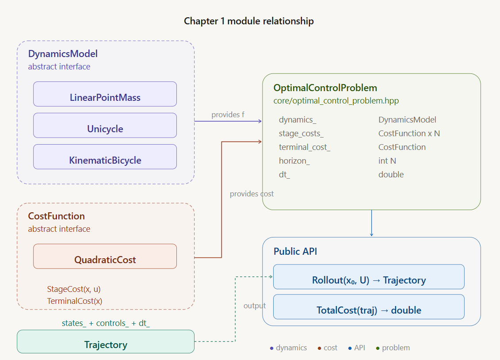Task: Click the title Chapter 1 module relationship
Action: [x=249, y=21]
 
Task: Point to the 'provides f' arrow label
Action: [x=228, y=115]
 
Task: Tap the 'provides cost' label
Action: [x=252, y=194]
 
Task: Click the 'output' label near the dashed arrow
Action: [x=255, y=306]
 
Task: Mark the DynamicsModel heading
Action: [x=63, y=54]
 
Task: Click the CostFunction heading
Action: [x=57, y=216]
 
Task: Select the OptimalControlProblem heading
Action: [x=325, y=88]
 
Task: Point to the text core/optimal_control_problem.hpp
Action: [x=336, y=101]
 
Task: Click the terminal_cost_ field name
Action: [x=305, y=147]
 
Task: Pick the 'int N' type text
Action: [x=387, y=161]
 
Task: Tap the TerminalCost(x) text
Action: [x=75, y=301]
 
